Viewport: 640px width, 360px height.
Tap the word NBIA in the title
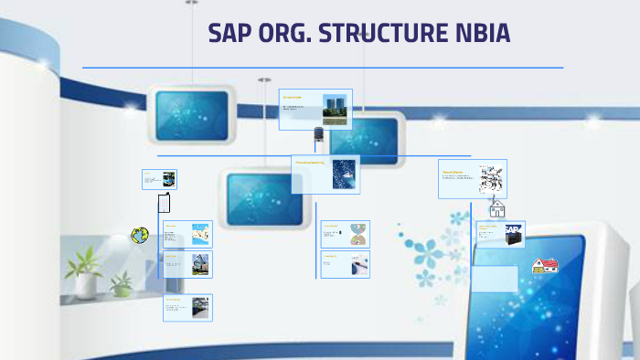click(479, 34)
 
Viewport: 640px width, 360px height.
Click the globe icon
click(140, 235)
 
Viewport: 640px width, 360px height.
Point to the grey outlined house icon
click(497, 208)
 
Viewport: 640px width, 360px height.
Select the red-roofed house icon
click(545, 265)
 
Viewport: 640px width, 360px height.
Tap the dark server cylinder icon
click(319, 134)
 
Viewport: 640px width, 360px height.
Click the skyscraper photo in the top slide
click(335, 109)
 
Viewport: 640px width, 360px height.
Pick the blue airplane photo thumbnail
click(345, 174)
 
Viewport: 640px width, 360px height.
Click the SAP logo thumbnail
click(513, 233)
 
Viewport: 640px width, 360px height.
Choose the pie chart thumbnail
click(358, 235)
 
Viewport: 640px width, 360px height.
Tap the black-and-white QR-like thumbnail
click(492, 178)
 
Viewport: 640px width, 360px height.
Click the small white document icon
click(164, 203)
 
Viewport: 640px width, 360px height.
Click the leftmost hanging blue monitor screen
click(191, 115)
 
